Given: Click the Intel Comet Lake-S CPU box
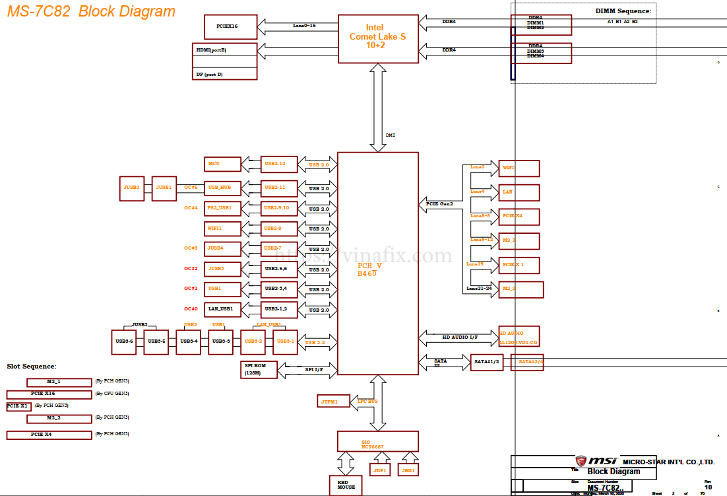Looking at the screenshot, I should (x=378, y=39).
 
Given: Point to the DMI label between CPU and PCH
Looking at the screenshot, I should (x=391, y=135).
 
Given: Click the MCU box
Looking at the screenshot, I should (x=223, y=163).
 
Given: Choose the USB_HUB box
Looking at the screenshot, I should (x=223, y=188).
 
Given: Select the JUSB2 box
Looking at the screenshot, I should (x=131, y=188).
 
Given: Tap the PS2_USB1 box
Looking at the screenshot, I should (x=223, y=208).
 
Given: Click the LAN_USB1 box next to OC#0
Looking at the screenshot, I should (x=223, y=309).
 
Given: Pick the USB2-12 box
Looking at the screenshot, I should (x=278, y=163).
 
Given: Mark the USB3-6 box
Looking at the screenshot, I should (x=124, y=341).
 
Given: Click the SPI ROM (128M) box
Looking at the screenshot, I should (x=259, y=370).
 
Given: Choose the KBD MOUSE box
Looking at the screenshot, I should (x=346, y=484).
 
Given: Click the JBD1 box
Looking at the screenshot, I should (x=408, y=470).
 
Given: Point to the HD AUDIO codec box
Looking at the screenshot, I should (x=519, y=337).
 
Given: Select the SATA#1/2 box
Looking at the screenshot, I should (x=488, y=362).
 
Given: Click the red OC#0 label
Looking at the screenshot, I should (x=191, y=309).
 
